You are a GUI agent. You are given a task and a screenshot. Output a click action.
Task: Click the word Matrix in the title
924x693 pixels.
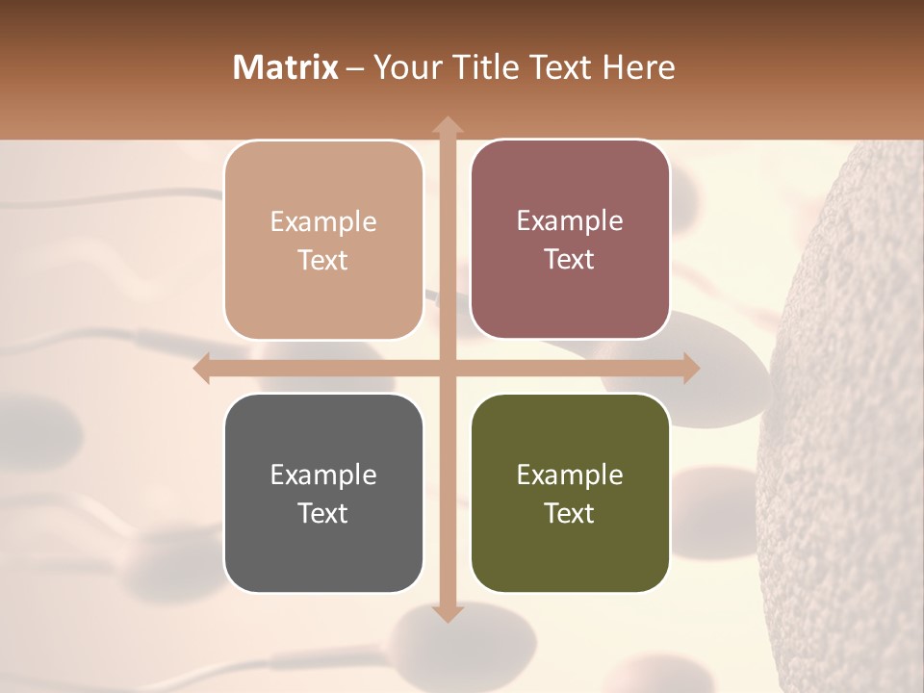(286, 67)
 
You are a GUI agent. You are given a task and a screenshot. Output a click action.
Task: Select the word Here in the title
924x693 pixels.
(638, 67)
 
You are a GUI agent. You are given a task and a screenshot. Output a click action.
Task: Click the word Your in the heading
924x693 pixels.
(402, 67)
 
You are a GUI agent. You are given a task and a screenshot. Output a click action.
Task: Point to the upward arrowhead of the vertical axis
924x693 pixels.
(447, 125)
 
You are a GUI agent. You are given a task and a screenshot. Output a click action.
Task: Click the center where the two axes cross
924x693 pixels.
(447, 369)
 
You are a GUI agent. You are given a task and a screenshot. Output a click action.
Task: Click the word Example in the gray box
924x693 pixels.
(323, 475)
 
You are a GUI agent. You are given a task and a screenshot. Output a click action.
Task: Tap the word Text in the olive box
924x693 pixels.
(570, 513)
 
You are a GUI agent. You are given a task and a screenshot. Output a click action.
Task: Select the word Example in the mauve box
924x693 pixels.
(570, 220)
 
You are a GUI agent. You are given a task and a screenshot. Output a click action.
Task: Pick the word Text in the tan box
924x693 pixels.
(323, 260)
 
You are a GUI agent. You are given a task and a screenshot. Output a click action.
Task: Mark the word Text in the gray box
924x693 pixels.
(323, 513)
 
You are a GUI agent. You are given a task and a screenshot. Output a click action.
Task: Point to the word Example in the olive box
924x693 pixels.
(570, 475)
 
